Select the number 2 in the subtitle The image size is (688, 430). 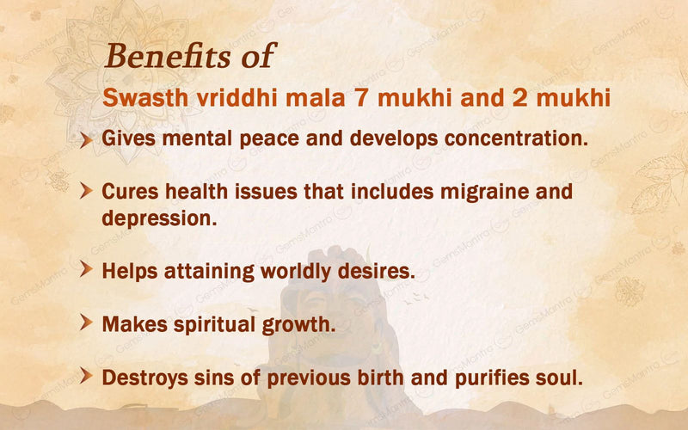coord(516,96)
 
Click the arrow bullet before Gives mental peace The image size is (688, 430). coord(86,138)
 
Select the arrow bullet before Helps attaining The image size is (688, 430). coord(86,270)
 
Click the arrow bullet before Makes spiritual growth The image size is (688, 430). coord(86,323)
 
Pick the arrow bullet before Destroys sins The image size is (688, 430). coord(86,376)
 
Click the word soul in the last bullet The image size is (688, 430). coord(562,377)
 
